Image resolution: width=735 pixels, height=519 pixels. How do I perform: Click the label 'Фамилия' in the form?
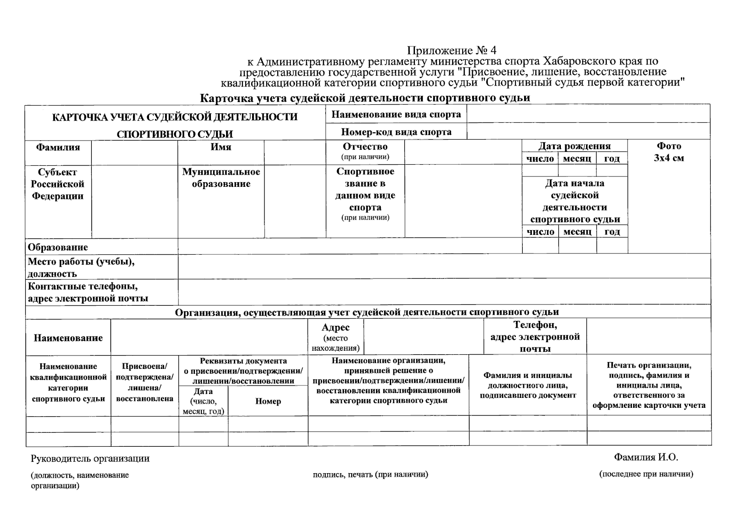tap(58, 147)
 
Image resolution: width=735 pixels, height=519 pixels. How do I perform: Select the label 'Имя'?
tap(221, 147)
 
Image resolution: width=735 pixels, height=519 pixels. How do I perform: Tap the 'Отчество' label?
tap(365, 147)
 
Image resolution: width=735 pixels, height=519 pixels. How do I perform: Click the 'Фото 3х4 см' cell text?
tap(669, 152)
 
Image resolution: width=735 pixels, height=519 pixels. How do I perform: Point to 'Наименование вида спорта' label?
tap(396, 115)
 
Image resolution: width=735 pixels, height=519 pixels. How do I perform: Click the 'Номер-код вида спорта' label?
tap(396, 132)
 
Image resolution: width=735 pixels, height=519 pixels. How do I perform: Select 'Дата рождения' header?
tap(574, 146)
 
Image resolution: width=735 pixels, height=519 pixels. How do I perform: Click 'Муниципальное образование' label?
tap(221, 178)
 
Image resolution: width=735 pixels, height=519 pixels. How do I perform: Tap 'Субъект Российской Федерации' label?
tap(58, 184)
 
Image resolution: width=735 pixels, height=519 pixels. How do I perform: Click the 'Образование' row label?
tap(58, 247)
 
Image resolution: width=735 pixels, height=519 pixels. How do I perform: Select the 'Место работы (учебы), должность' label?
tap(81, 267)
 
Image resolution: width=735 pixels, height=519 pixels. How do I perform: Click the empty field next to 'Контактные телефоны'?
tap(444, 292)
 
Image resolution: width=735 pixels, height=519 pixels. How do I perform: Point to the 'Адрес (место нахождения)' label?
tap(336, 337)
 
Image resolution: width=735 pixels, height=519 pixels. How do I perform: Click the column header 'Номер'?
tap(268, 401)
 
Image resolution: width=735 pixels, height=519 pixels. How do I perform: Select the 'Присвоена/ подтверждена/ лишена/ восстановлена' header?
tap(145, 382)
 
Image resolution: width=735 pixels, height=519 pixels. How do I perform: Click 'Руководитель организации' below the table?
tap(90, 458)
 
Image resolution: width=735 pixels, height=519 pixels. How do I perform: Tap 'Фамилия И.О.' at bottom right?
tap(646, 457)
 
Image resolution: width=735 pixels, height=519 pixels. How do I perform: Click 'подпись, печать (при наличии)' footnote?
tap(370, 475)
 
